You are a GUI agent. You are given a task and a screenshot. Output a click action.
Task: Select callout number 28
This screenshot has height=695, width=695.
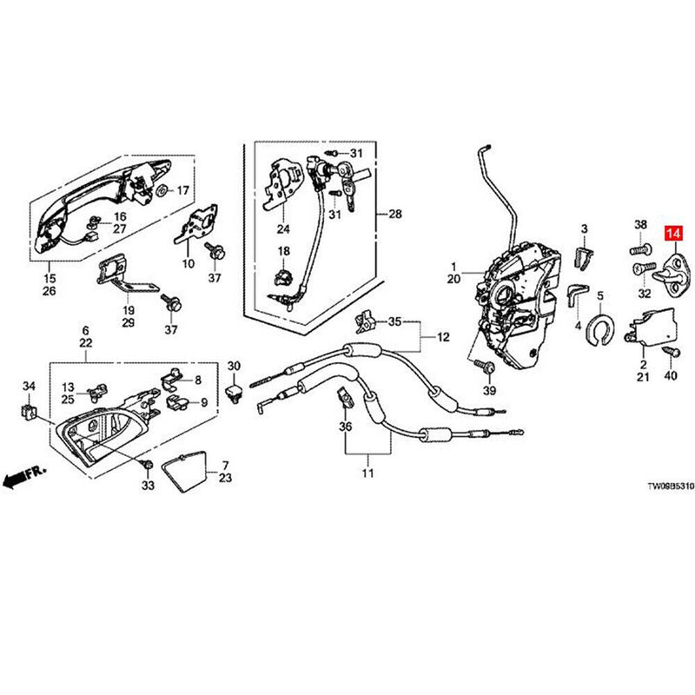click(x=396, y=214)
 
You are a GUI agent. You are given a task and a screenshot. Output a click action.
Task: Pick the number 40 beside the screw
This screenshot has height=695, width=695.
click(x=669, y=376)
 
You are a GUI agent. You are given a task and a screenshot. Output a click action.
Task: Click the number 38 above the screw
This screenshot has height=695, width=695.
click(x=641, y=225)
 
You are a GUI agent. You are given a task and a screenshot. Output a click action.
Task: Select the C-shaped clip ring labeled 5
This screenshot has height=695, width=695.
click(x=599, y=329)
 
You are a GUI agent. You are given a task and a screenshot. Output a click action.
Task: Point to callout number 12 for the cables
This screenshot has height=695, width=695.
click(x=444, y=337)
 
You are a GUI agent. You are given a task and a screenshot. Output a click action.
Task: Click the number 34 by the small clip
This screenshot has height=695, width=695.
click(x=30, y=386)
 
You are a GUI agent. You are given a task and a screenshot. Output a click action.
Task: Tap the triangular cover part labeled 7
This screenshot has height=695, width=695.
click(x=188, y=470)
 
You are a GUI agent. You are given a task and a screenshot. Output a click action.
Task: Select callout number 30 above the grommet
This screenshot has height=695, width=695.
click(x=234, y=366)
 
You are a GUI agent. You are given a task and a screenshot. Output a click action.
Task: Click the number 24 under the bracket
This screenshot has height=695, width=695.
click(x=282, y=229)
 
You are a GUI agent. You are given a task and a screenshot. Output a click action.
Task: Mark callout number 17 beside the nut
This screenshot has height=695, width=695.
click(x=183, y=190)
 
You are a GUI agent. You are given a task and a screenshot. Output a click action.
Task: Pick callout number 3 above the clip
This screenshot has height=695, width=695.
click(x=585, y=228)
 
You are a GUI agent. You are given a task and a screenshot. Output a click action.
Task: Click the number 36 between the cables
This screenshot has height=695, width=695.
click(x=345, y=427)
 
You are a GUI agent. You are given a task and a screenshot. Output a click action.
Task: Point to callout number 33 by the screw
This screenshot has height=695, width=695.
click(x=148, y=485)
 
